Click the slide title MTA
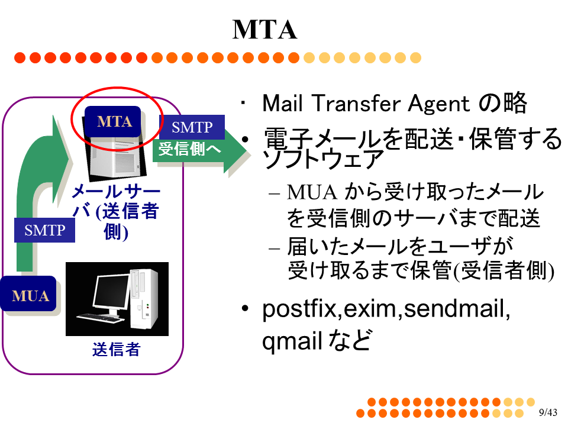[265, 30]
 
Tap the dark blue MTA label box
[112, 121]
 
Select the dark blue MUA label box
[28, 294]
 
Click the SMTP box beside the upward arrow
[44, 230]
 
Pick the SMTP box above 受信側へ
[192, 127]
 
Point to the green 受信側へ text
[189, 149]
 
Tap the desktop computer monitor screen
[111, 291]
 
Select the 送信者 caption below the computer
[117, 349]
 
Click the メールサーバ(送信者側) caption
[116, 212]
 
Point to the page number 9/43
[548, 412]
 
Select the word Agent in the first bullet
[438, 104]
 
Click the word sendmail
[454, 308]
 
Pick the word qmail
[292, 341]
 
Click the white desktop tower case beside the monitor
[144, 299]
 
